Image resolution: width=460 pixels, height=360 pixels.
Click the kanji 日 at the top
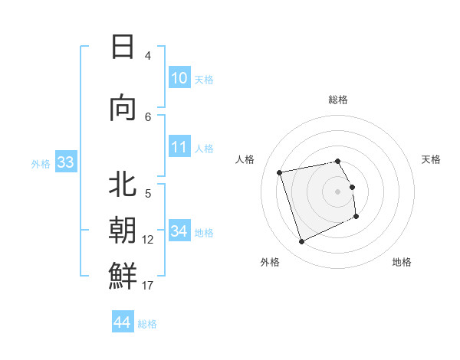coord(123,47)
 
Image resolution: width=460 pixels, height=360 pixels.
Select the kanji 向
coord(123,108)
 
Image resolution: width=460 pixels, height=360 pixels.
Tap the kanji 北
coord(123,185)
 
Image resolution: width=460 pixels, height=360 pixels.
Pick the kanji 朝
coord(123,231)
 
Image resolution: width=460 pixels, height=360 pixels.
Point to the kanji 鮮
coord(123,277)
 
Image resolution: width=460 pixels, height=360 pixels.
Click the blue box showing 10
coord(179,78)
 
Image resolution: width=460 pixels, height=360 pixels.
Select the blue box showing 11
coord(179,147)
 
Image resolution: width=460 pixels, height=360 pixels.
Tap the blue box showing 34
coord(179,231)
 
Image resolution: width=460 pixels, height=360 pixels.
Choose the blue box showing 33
coord(65,162)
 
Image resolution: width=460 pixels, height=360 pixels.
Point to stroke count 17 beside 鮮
coord(147,286)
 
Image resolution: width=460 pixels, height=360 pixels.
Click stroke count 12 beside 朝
coord(147,240)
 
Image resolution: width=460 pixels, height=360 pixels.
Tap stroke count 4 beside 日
coord(147,56)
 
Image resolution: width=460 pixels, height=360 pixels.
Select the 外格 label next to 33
coord(41,163)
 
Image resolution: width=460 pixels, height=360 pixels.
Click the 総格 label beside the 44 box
coord(147,324)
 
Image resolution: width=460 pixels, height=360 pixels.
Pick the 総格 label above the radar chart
coord(338,100)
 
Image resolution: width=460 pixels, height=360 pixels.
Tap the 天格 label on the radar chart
coord(432,159)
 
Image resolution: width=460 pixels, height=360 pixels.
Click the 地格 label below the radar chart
coord(402,262)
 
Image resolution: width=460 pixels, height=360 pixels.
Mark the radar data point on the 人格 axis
coord(280,172)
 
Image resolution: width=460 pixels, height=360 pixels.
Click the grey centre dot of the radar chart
coord(338,191)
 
